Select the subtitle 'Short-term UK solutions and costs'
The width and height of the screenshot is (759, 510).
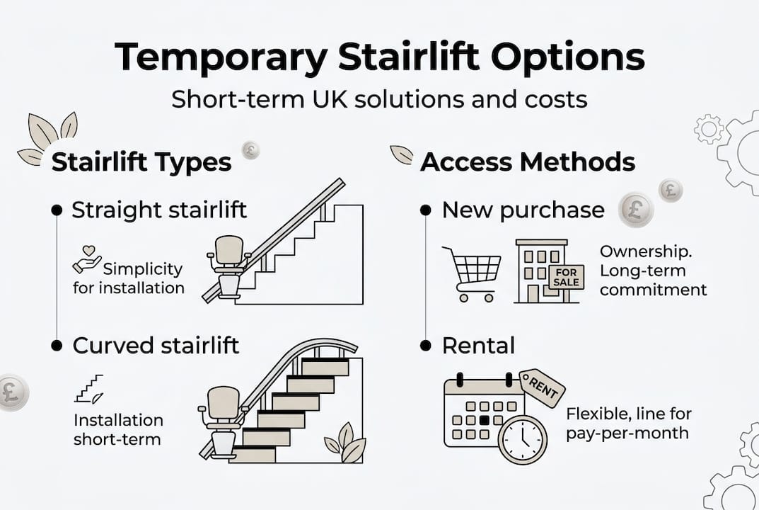[379, 98]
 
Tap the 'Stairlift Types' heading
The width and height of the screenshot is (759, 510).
[141, 162]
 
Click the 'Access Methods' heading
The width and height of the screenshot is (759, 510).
[528, 162]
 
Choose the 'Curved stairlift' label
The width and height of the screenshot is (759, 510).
[156, 346]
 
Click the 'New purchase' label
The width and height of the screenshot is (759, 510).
[523, 210]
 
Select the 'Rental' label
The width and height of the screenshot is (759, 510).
[478, 346]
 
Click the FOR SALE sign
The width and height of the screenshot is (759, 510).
[567, 277]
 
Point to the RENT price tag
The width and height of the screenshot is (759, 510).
[543, 388]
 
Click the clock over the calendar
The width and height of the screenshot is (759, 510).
[522, 438]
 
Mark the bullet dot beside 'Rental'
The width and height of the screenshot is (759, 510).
[425, 346]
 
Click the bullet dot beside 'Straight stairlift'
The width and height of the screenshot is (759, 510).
[56, 210]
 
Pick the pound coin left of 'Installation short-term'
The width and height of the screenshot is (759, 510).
[12, 392]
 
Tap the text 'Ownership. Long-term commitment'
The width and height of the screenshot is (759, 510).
[652, 271]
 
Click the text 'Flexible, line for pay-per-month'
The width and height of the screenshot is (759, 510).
[628, 423]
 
